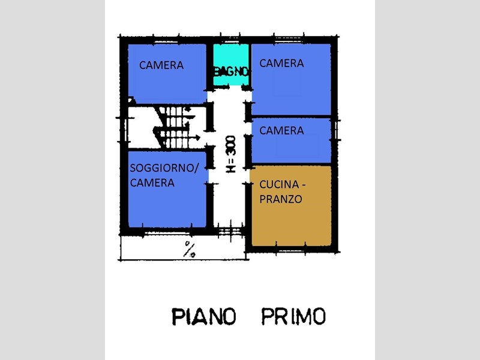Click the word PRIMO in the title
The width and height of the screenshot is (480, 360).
click(x=293, y=316)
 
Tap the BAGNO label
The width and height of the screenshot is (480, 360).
click(x=231, y=71)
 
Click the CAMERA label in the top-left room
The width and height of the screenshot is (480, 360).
click(x=161, y=65)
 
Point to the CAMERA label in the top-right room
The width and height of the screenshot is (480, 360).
click(x=282, y=63)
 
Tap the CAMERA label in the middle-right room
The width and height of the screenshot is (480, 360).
click(x=282, y=130)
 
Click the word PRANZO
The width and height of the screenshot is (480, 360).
click(x=281, y=199)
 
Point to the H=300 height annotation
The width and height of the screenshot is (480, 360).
click(x=231, y=154)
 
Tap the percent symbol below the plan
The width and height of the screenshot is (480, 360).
click(x=190, y=249)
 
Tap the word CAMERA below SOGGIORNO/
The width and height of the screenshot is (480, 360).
click(x=152, y=183)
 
